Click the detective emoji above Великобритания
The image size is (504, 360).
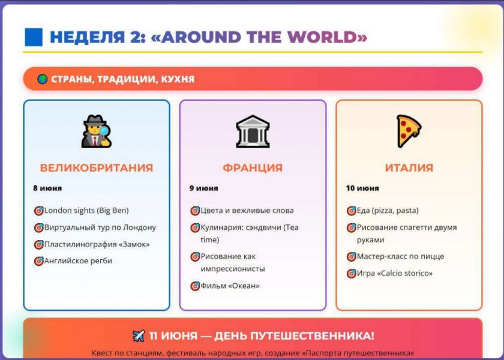click(x=97, y=131)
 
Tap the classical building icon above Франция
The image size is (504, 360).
click(x=253, y=131)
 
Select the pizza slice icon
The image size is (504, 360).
click(x=409, y=131)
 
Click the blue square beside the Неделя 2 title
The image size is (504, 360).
click(x=34, y=37)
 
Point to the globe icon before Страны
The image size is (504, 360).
click(x=43, y=79)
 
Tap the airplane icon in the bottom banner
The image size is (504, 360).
click(x=139, y=336)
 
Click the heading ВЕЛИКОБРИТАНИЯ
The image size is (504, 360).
click(x=97, y=168)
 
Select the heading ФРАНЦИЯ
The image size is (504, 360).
click(x=253, y=168)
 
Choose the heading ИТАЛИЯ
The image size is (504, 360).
click(x=409, y=168)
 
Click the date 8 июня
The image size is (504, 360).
click(x=47, y=188)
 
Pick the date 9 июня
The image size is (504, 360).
click(x=204, y=188)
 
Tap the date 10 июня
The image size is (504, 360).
click(x=362, y=188)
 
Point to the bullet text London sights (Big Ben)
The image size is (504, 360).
click(x=86, y=211)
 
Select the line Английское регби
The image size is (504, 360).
click(x=78, y=260)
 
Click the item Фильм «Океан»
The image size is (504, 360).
click(x=230, y=286)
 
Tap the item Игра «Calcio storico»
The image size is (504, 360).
click(x=395, y=273)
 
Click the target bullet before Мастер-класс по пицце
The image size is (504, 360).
click(x=352, y=257)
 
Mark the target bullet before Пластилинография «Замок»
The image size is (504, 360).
click(x=38, y=244)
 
